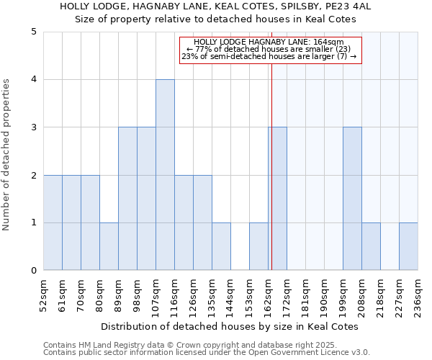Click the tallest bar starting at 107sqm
[165, 175]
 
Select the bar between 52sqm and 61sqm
[53, 222]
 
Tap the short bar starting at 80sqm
[109, 246]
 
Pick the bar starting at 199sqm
[352, 199]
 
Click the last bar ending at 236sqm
[408, 246]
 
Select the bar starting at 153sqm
[258, 246]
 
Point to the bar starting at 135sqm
[221, 246]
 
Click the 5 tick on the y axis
[34, 32]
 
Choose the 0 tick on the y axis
[34, 271]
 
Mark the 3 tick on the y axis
[34, 127]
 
